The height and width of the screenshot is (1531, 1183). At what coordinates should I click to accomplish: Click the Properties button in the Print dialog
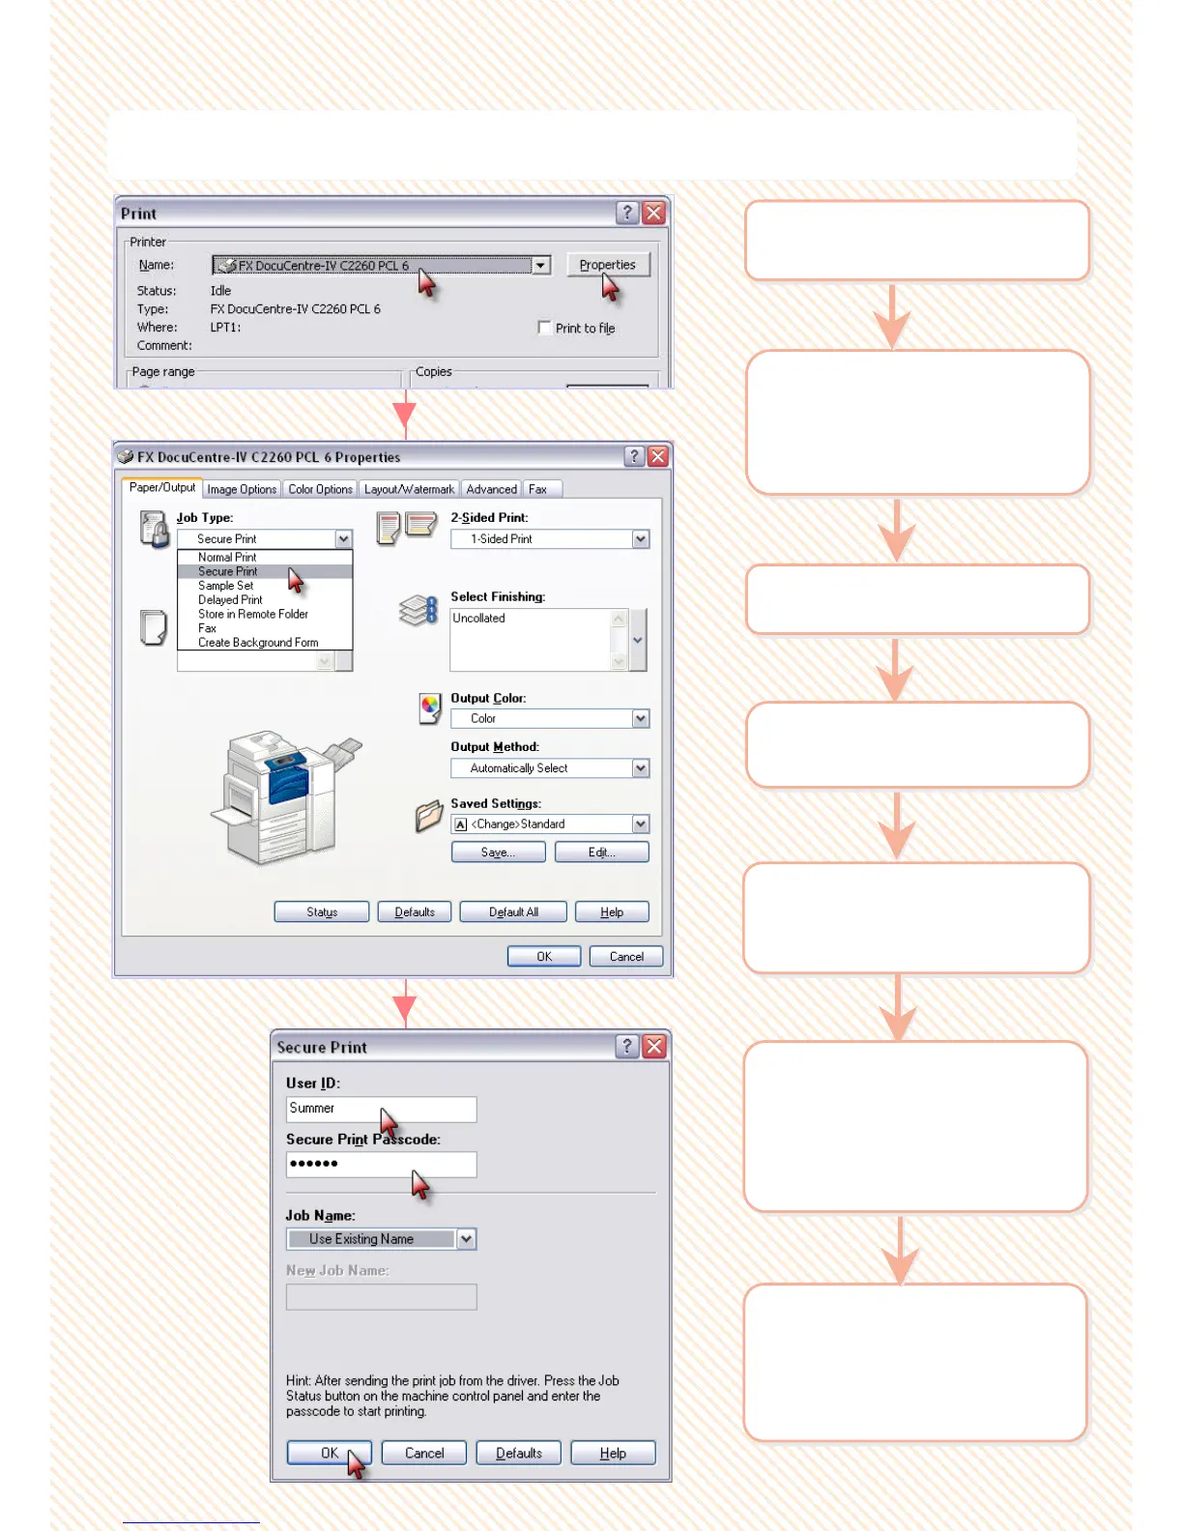pos(607,265)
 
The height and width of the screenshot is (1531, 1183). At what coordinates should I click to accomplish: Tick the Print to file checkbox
pos(544,328)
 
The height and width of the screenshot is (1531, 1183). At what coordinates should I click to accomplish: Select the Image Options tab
pos(242,489)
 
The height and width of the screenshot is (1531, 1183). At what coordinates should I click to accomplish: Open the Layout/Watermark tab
pos(409,489)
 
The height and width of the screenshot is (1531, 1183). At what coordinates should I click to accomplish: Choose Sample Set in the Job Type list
pos(226,586)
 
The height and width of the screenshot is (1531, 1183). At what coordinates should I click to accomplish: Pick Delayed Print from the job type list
pos(230,600)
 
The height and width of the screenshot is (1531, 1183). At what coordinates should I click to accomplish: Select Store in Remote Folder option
pos(253,614)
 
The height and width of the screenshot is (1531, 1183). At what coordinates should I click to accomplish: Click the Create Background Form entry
pos(258,643)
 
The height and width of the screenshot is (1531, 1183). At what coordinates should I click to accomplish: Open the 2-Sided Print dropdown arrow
pos(640,539)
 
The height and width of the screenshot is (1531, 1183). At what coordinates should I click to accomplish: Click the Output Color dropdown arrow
pos(640,718)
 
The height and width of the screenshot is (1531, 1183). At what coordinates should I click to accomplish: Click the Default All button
pos(513,911)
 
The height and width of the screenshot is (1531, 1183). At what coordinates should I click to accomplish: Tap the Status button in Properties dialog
pos(322,911)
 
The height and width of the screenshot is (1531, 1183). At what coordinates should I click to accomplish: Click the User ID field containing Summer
pos(381,1109)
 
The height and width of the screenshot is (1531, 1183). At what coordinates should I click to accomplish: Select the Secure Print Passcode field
pos(381,1164)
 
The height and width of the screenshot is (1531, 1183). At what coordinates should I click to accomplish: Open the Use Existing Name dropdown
pos(466,1239)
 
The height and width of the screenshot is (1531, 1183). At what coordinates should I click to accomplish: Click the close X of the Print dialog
pos(654,213)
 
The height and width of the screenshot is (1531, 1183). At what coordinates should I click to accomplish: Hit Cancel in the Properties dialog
pos(626,956)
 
